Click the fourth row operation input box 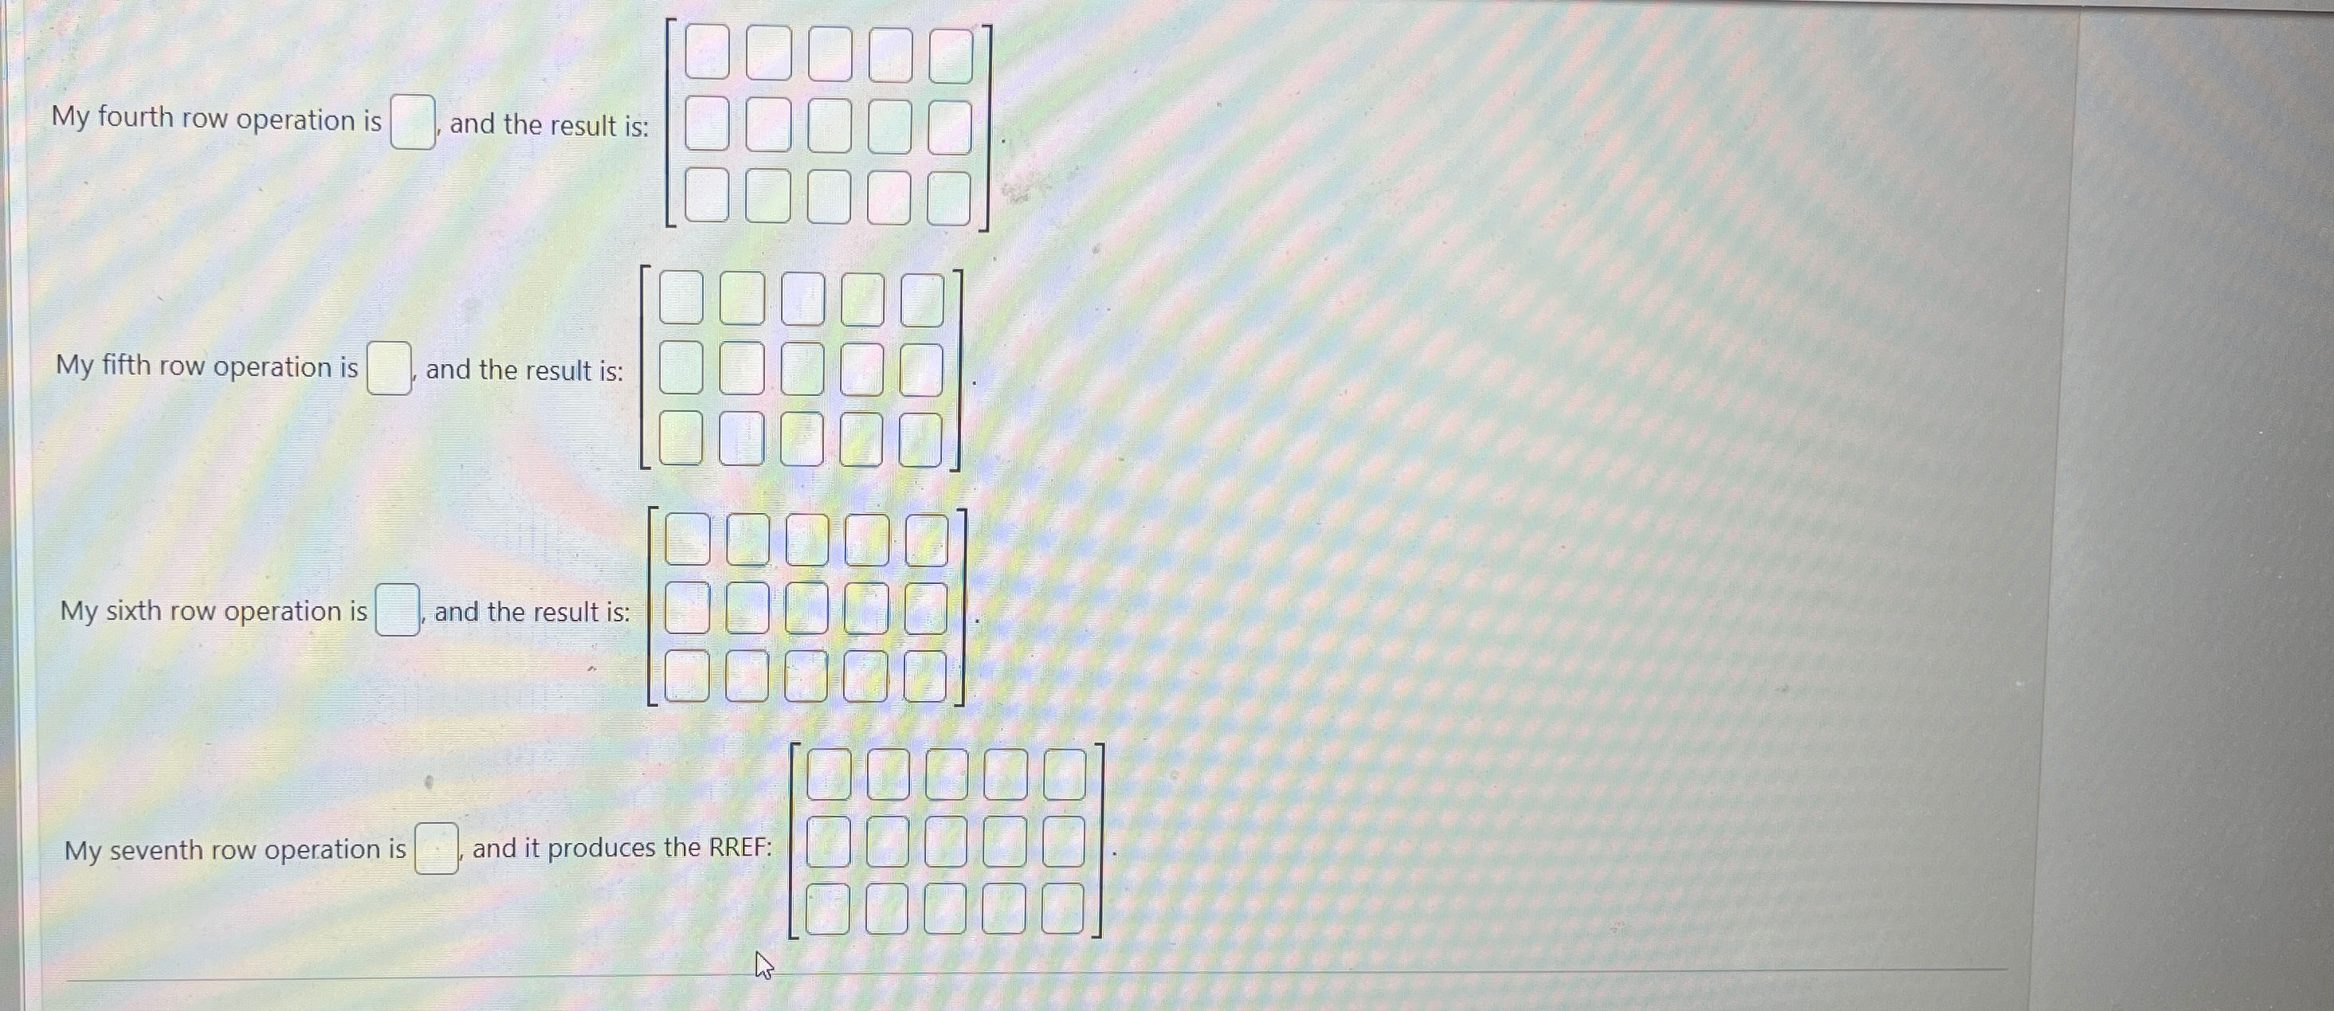pos(412,123)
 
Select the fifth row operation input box pos(389,369)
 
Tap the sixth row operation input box pos(398,610)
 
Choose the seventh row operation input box pos(436,848)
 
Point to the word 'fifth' pos(126,365)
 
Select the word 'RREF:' pos(740,848)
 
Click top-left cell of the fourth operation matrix pos(707,53)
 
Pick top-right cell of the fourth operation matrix pos(951,55)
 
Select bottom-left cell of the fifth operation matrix pos(681,437)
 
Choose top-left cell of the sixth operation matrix pos(687,540)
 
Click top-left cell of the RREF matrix pos(828,774)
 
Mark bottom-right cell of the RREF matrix pos(1063,909)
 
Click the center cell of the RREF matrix pos(946,841)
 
